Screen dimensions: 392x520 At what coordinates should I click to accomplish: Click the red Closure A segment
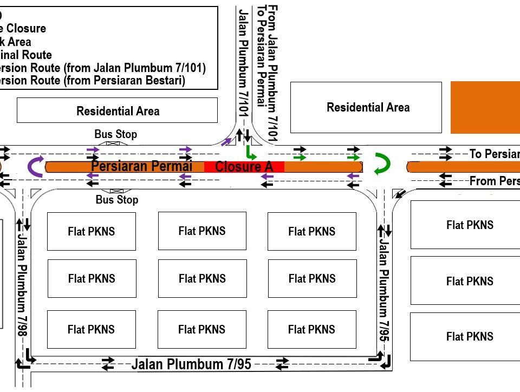tap(244, 167)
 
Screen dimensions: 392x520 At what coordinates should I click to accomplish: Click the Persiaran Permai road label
tap(142, 166)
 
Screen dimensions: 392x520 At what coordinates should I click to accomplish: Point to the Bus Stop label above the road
tap(115, 134)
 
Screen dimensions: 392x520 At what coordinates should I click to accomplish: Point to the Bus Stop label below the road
tap(116, 200)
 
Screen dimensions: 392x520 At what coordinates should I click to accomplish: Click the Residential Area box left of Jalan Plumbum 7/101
tap(118, 110)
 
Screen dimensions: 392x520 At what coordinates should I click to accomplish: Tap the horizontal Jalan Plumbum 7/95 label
tap(191, 364)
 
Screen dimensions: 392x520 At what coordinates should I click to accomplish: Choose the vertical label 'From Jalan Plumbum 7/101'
tap(274, 73)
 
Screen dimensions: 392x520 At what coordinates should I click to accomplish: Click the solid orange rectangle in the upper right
tap(485, 107)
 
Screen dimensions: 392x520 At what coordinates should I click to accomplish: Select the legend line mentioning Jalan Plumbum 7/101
tap(103, 68)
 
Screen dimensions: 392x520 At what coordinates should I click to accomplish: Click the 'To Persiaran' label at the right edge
tap(494, 154)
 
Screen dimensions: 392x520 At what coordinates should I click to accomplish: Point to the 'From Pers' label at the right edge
tap(494, 181)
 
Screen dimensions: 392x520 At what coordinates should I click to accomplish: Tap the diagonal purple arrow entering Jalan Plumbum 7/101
tap(226, 142)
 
